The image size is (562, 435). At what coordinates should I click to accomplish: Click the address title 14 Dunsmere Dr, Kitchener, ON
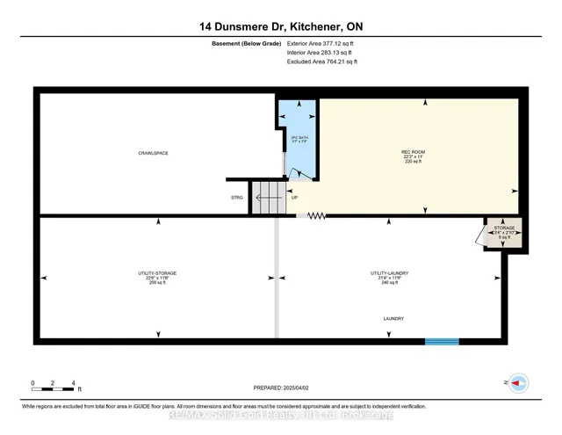280,27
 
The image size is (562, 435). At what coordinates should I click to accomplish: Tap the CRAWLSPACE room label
153,154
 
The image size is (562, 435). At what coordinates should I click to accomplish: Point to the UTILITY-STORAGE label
158,275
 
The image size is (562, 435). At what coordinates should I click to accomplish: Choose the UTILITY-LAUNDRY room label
390,275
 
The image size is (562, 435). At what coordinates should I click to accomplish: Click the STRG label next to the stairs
237,198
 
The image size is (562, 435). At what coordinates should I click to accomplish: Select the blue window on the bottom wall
442,342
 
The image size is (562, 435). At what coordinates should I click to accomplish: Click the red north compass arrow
518,382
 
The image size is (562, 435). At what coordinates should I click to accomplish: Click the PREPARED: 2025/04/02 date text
281,387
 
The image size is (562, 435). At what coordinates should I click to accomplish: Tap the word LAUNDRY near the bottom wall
393,318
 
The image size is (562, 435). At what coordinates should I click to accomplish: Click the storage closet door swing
479,235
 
